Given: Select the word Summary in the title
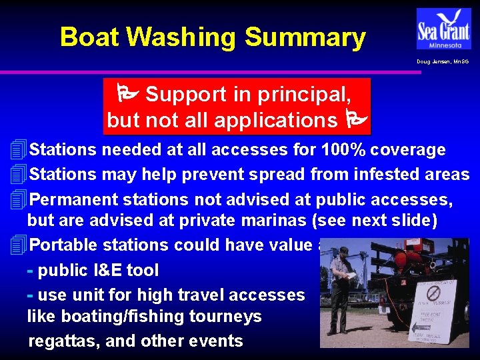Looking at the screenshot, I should tap(305, 37).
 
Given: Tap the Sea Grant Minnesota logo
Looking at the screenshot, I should tap(443, 28).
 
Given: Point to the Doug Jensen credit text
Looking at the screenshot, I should tap(443, 61).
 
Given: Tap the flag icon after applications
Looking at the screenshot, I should tap(355, 121).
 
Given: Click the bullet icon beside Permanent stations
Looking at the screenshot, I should tap(19, 199).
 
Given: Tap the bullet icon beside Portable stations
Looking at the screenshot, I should tap(19, 245).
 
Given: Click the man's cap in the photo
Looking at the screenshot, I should tap(342, 251).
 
